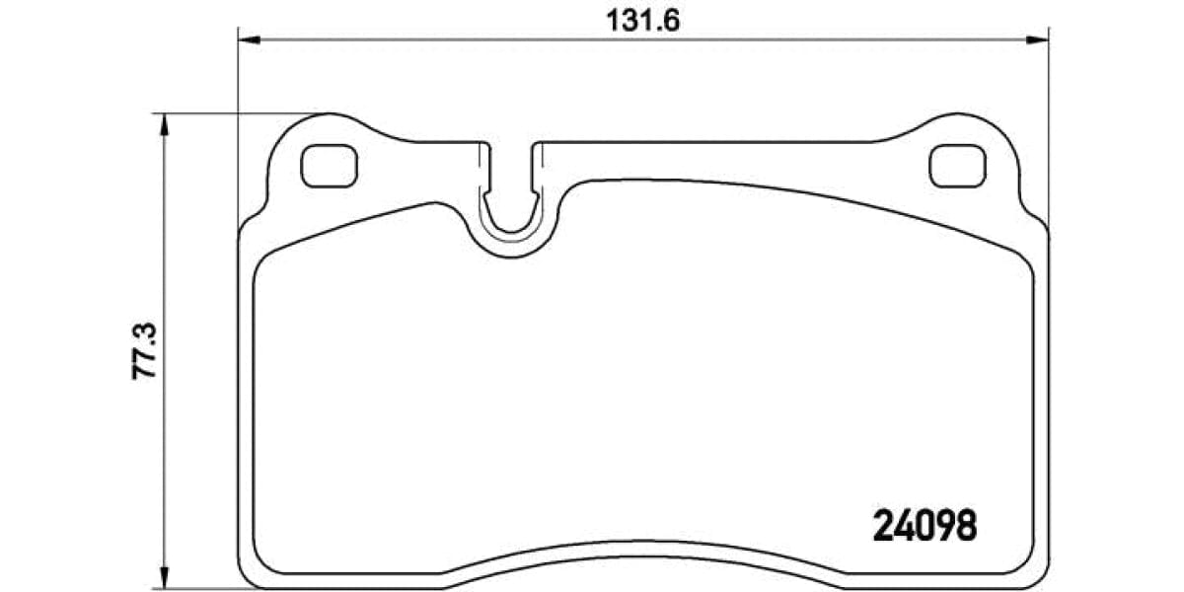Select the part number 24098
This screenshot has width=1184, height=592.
pos(925,525)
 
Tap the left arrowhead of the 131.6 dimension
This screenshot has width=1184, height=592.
pos(247,40)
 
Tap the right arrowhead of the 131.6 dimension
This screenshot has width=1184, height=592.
pos(1039,40)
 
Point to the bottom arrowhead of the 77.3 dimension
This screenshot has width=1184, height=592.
pos(165,576)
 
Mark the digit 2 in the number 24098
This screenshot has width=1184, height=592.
pos(883,525)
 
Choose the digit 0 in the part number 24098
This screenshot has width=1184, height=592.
pos(925,525)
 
